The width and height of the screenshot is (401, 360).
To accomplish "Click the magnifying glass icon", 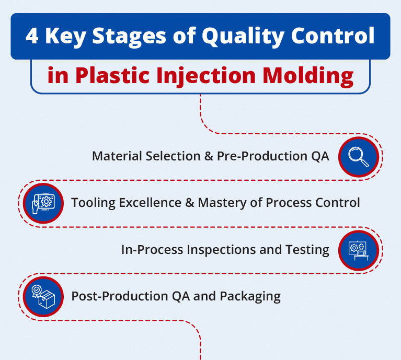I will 358,156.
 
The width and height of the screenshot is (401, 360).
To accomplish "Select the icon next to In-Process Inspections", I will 358,249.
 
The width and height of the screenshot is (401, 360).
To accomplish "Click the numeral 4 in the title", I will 32,37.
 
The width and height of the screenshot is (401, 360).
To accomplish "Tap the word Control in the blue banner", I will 330,37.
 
